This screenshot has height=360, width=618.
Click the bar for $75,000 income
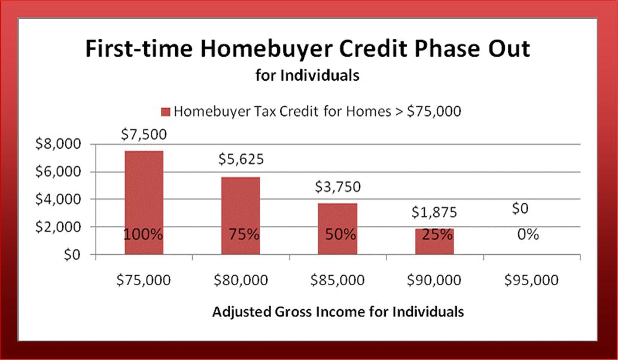coord(144,203)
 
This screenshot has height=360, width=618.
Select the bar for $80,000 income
coord(240,216)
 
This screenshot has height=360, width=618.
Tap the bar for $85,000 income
coord(337,229)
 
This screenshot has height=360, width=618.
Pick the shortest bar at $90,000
coord(434,242)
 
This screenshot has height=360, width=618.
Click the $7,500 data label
coord(144,135)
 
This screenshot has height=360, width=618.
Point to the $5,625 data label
coord(241,159)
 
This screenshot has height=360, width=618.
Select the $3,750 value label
coord(338,187)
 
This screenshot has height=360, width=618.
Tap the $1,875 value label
coord(434,212)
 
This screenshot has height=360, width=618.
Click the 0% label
coord(528,235)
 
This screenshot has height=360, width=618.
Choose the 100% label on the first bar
coord(143,235)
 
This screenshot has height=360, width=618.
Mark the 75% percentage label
coord(244,235)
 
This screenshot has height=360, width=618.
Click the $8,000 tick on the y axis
coord(58,144)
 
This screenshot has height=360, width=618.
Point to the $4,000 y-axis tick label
coord(58,199)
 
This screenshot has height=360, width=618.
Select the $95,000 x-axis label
coord(531,280)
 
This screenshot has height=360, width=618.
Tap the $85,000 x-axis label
coord(337,280)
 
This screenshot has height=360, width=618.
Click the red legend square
coord(166,112)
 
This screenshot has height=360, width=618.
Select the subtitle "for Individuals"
coord(308,75)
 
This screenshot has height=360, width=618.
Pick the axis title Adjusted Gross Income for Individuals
coord(338,312)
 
